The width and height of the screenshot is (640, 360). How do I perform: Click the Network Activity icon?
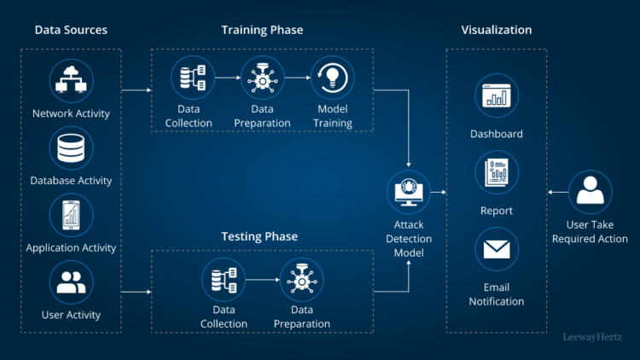(x=72, y=81)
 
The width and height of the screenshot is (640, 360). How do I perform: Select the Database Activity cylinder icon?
(x=72, y=148)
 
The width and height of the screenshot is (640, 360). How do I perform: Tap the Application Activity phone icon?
(x=72, y=215)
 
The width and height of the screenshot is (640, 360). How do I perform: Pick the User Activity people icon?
(x=72, y=282)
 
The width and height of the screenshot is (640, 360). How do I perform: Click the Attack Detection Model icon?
(x=409, y=192)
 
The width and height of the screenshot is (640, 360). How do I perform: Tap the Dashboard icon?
(x=497, y=97)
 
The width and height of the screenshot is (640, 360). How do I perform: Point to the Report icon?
(x=497, y=173)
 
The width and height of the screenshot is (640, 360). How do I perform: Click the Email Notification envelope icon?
(x=497, y=249)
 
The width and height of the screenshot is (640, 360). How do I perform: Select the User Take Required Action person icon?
(x=590, y=193)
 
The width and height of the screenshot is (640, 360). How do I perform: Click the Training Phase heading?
(x=262, y=30)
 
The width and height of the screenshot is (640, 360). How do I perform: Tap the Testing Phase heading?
(x=259, y=236)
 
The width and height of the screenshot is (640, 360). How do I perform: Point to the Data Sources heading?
(x=71, y=30)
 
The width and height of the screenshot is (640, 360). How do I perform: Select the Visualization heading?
(x=497, y=30)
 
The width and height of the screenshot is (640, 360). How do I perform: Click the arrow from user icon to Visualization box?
(x=556, y=193)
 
